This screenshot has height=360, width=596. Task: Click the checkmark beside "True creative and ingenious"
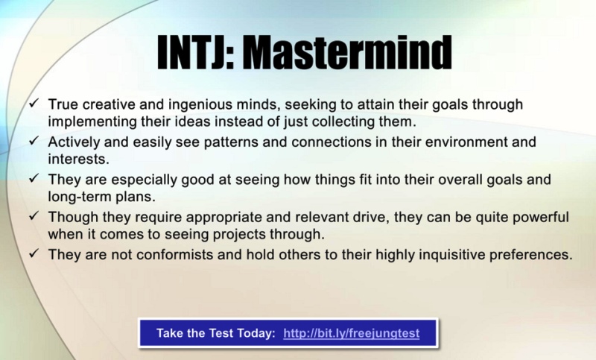coord(34,103)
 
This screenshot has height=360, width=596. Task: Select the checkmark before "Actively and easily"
coord(34,140)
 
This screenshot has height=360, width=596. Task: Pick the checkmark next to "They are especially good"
coord(34,177)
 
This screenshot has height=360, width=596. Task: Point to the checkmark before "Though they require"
coord(34,215)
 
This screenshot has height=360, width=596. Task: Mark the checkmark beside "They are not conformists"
coord(34,253)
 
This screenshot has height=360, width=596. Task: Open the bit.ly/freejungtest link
coord(352,333)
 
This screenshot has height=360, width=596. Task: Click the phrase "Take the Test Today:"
coord(216,333)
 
